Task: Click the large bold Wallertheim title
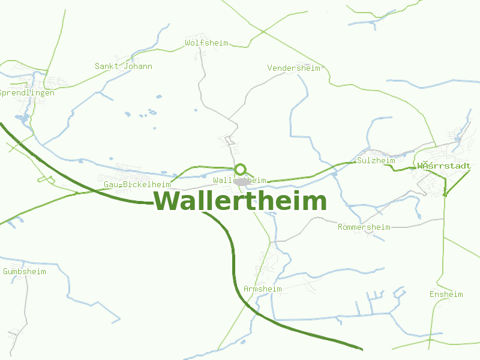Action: coord(240,201)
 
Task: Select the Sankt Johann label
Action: coord(124,67)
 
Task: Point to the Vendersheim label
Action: coord(293,68)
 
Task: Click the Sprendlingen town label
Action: coord(27,93)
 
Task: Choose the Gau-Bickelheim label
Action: coord(137,184)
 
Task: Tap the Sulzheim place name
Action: coord(376,161)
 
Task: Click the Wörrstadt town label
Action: coord(444,166)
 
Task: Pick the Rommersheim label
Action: coord(364,227)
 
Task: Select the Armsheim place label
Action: coord(262,289)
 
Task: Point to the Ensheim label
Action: coord(446,295)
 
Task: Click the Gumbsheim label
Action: coord(24,272)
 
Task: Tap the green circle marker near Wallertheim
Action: coord(241,169)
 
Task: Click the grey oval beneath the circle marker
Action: coord(242,181)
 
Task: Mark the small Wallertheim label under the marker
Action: coord(239,180)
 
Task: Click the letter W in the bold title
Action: coord(165,201)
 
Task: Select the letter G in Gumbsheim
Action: coord(5,272)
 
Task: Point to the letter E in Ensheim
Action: coord(432,295)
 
